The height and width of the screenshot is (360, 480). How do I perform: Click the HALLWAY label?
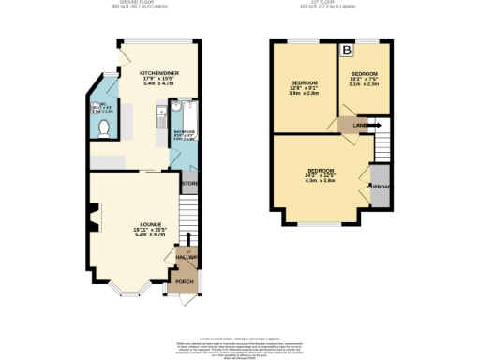coord(188,256)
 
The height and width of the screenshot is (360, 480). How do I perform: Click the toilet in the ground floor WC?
coord(104,126)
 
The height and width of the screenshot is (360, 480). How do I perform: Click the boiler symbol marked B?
coord(346,50)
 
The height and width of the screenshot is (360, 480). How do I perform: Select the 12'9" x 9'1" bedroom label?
coord(305,88)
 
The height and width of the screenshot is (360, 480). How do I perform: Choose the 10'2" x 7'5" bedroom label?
coord(365,78)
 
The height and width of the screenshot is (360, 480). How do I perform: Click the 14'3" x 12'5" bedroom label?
coord(322,175)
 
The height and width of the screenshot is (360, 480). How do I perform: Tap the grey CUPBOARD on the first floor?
coord(379,184)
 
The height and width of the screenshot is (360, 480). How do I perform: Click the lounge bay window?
coord(127,288)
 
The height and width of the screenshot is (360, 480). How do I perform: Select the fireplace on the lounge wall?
coord(91,218)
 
